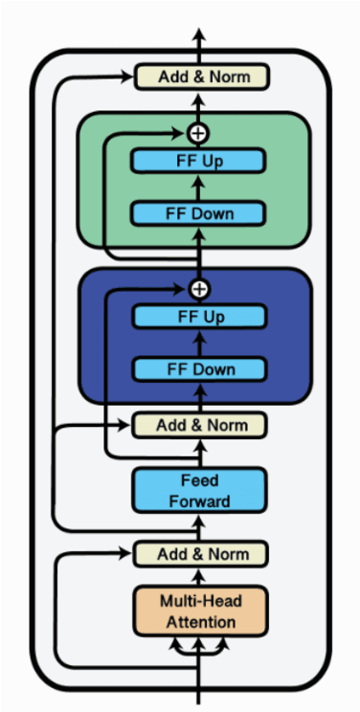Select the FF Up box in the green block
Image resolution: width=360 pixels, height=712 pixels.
coord(199,161)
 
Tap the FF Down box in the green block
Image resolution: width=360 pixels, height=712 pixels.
coord(199,212)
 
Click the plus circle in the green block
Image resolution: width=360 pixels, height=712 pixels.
coord(199,132)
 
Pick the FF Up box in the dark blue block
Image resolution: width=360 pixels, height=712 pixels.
coord(199,317)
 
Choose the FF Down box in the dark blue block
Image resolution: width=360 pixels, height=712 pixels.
coord(199,368)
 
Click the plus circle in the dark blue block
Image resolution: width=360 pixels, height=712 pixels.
coord(199,288)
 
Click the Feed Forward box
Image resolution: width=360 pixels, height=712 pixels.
coord(199,489)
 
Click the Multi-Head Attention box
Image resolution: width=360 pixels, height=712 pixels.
coord(199,610)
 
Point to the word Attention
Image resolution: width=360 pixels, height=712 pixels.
coord(199,622)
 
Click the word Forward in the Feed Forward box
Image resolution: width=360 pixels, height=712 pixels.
coord(199,501)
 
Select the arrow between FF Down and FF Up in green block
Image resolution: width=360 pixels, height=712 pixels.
coord(199,187)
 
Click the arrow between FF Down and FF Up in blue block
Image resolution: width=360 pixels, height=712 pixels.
coord(199,343)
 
